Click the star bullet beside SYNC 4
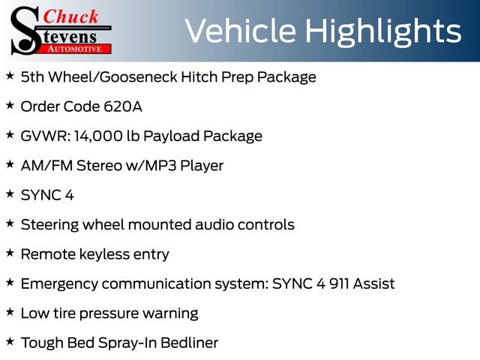(x=10, y=194)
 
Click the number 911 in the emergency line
(x=334, y=284)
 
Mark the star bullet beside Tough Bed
(x=10, y=342)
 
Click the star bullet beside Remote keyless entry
(x=10, y=253)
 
